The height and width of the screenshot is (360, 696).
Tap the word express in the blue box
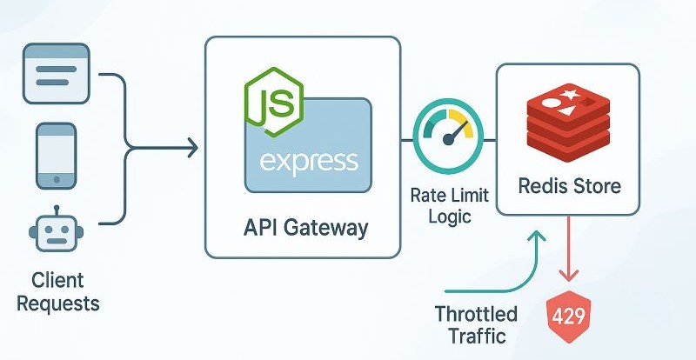coord(309,162)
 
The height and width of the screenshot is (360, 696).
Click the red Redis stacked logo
coord(567,123)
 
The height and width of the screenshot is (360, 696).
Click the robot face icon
coord(57,233)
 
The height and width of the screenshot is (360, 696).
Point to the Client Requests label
coord(59,292)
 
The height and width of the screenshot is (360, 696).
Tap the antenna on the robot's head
coord(57,210)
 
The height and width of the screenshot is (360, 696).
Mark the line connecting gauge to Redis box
coord(484,139)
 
